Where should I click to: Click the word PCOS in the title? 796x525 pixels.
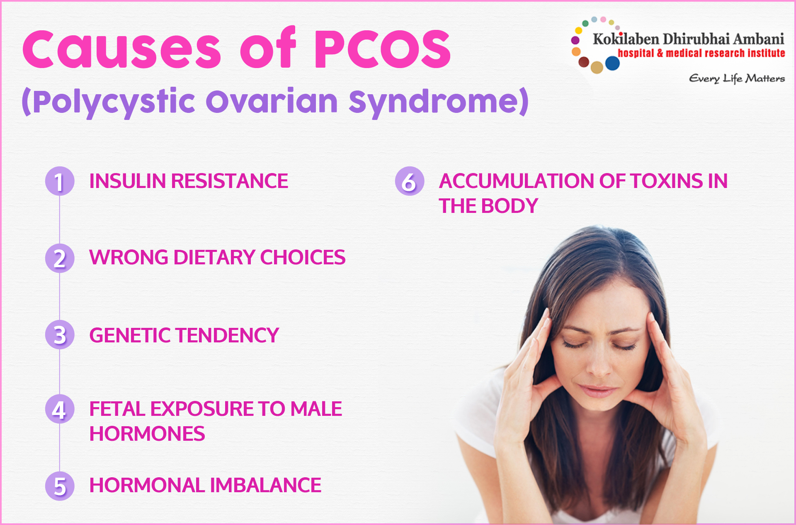coord(382,49)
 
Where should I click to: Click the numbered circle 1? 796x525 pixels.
coord(60,181)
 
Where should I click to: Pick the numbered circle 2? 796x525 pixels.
coord(60,258)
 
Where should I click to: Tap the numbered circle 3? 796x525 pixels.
coord(60,335)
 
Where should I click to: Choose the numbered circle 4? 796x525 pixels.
coord(60,409)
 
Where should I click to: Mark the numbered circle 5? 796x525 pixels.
coord(60,486)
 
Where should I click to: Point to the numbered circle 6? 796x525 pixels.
coord(410,181)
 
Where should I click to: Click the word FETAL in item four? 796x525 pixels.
coord(117,409)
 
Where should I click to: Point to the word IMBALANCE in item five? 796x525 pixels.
coord(265,485)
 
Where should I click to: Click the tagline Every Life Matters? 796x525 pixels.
coord(737,78)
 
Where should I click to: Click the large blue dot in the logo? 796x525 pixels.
coord(612,63)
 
